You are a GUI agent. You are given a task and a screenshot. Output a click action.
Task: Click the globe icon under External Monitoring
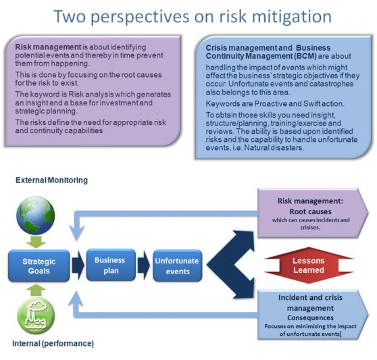(36, 215)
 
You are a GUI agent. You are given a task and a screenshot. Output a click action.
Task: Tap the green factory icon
(36, 315)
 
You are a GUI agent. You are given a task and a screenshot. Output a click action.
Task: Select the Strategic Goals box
(39, 266)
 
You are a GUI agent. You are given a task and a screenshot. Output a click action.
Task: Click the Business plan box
(111, 265)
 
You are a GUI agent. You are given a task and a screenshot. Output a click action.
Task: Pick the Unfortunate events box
(178, 266)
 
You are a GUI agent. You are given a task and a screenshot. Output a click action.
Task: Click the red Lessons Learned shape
(309, 265)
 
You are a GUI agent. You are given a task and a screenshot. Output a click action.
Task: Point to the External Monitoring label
(52, 180)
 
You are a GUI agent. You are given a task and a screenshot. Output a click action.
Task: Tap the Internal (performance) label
(53, 343)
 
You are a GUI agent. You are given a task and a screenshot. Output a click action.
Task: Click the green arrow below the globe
(36, 242)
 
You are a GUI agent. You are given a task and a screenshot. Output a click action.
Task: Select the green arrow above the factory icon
(36, 290)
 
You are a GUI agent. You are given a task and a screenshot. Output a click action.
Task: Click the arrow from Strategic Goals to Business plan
(78, 265)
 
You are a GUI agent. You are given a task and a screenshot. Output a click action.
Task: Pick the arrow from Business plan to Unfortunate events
(144, 265)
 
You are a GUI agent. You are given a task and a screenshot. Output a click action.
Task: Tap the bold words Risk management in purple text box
(48, 47)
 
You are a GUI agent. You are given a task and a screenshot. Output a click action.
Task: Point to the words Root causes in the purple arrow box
(310, 211)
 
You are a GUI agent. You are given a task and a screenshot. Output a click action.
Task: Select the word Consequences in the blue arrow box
(310, 317)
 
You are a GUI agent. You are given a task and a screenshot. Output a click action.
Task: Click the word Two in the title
(70, 16)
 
